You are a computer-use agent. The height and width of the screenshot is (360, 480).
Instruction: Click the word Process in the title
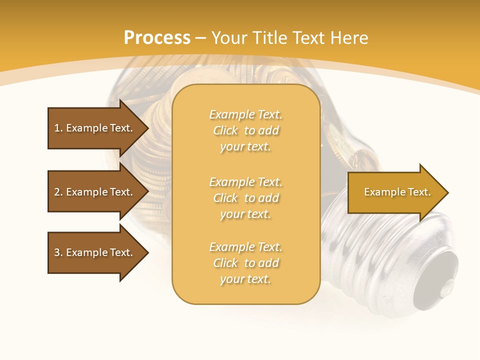pyautogui.click(x=157, y=38)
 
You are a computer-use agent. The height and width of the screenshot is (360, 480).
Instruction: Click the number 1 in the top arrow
pyautogui.click(x=57, y=128)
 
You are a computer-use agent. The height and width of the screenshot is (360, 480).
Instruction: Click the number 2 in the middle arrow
pyautogui.click(x=57, y=192)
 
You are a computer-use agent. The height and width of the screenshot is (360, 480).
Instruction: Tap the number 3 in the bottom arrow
pyautogui.click(x=57, y=252)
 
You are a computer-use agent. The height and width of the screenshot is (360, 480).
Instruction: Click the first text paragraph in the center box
pyautogui.click(x=245, y=130)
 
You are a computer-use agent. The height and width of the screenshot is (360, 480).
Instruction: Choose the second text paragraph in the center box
pyautogui.click(x=245, y=198)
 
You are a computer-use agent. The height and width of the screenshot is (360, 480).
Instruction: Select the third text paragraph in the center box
pyautogui.click(x=245, y=263)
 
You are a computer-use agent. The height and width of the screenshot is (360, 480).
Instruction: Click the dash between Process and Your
pyautogui.click(x=201, y=38)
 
